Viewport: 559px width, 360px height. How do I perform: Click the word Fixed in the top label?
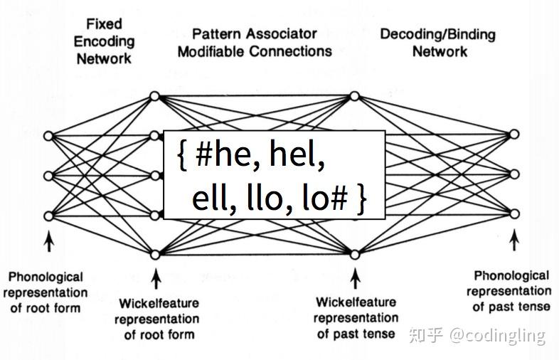click(104, 23)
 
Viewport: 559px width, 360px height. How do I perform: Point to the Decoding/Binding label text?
click(437, 33)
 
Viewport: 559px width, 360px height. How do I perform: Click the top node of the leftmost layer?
click(48, 135)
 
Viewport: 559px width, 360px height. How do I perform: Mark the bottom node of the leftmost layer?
click(48, 216)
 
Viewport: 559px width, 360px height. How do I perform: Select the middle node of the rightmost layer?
click(514, 174)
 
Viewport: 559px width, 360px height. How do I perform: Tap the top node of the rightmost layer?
click(514, 134)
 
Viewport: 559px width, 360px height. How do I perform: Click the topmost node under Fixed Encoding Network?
click(154, 95)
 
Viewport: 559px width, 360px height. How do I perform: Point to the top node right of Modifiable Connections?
click(355, 95)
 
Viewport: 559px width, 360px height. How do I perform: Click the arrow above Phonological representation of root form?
click(48, 243)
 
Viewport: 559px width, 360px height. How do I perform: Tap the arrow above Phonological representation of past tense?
click(514, 242)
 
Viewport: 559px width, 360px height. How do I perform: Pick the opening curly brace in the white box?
click(181, 156)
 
